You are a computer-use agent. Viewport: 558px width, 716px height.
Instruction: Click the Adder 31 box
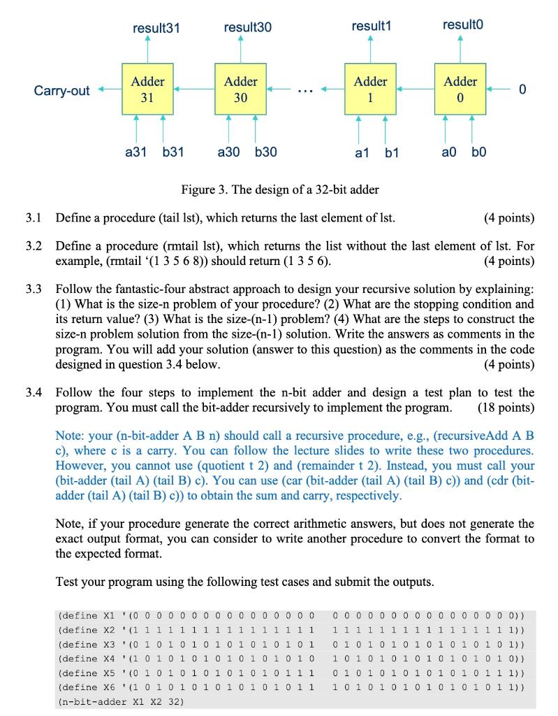(x=147, y=89)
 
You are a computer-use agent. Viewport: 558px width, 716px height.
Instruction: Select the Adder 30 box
(x=240, y=89)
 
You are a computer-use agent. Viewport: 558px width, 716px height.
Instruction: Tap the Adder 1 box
(x=370, y=89)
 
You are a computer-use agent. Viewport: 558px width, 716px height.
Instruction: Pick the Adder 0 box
(x=460, y=89)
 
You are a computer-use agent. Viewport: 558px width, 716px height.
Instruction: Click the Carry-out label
(x=61, y=91)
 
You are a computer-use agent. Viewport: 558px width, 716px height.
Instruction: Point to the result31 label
(x=156, y=27)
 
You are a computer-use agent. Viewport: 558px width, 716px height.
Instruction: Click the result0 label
(x=462, y=26)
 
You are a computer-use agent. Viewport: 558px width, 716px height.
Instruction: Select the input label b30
(x=265, y=152)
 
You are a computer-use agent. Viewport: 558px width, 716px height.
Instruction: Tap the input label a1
(x=362, y=152)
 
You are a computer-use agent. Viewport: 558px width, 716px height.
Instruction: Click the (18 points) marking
(x=506, y=407)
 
